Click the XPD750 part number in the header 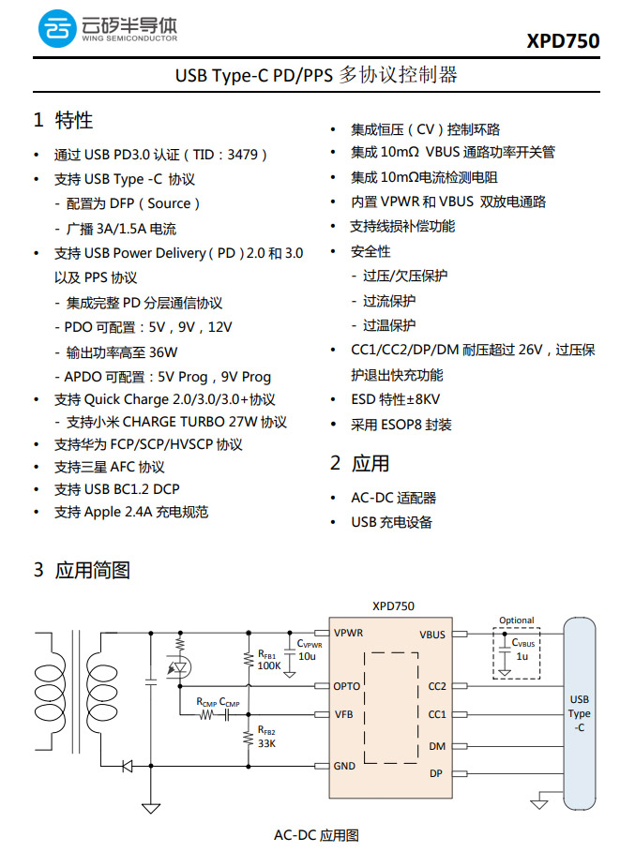[x=563, y=41]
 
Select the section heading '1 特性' [x=63, y=120]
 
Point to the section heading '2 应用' [x=359, y=463]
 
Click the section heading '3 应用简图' [x=82, y=570]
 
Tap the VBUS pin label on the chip [x=433, y=635]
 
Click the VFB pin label [x=343, y=714]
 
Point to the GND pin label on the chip [x=344, y=766]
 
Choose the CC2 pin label [x=437, y=687]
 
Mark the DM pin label [x=437, y=746]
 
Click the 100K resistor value [x=269, y=665]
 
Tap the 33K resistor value [x=266, y=743]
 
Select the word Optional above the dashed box [x=516, y=620]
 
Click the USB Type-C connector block [x=580, y=712]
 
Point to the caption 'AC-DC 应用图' [x=316, y=835]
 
